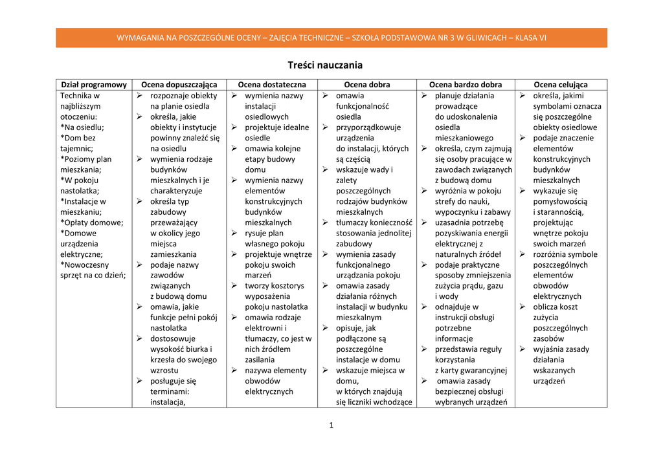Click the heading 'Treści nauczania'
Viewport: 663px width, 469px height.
tap(325, 65)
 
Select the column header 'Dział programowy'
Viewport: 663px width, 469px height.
tap(94, 85)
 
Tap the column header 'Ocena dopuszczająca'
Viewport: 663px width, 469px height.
tap(179, 85)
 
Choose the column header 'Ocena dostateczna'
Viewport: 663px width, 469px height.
tap(272, 85)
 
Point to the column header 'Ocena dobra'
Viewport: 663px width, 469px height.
tap(367, 85)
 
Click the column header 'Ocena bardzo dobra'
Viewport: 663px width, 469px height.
tap(466, 85)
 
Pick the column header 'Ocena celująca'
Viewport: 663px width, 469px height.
tap(561, 85)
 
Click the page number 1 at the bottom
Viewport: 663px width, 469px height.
tap(331, 425)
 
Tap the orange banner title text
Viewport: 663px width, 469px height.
tap(331, 38)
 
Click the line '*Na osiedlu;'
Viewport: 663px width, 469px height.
tap(82, 127)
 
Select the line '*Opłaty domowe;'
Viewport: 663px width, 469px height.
tap(91, 223)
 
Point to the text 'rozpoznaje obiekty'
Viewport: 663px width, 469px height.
tap(184, 96)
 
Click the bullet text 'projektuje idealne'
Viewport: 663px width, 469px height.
tap(277, 127)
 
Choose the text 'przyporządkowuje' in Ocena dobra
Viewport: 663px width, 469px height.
tap(368, 127)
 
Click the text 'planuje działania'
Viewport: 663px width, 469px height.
tap(464, 96)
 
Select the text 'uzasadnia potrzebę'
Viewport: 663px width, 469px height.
tap(469, 223)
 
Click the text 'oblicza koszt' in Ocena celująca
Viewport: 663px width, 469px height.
tap(556, 307)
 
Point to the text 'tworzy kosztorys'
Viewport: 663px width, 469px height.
tap(275, 286)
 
